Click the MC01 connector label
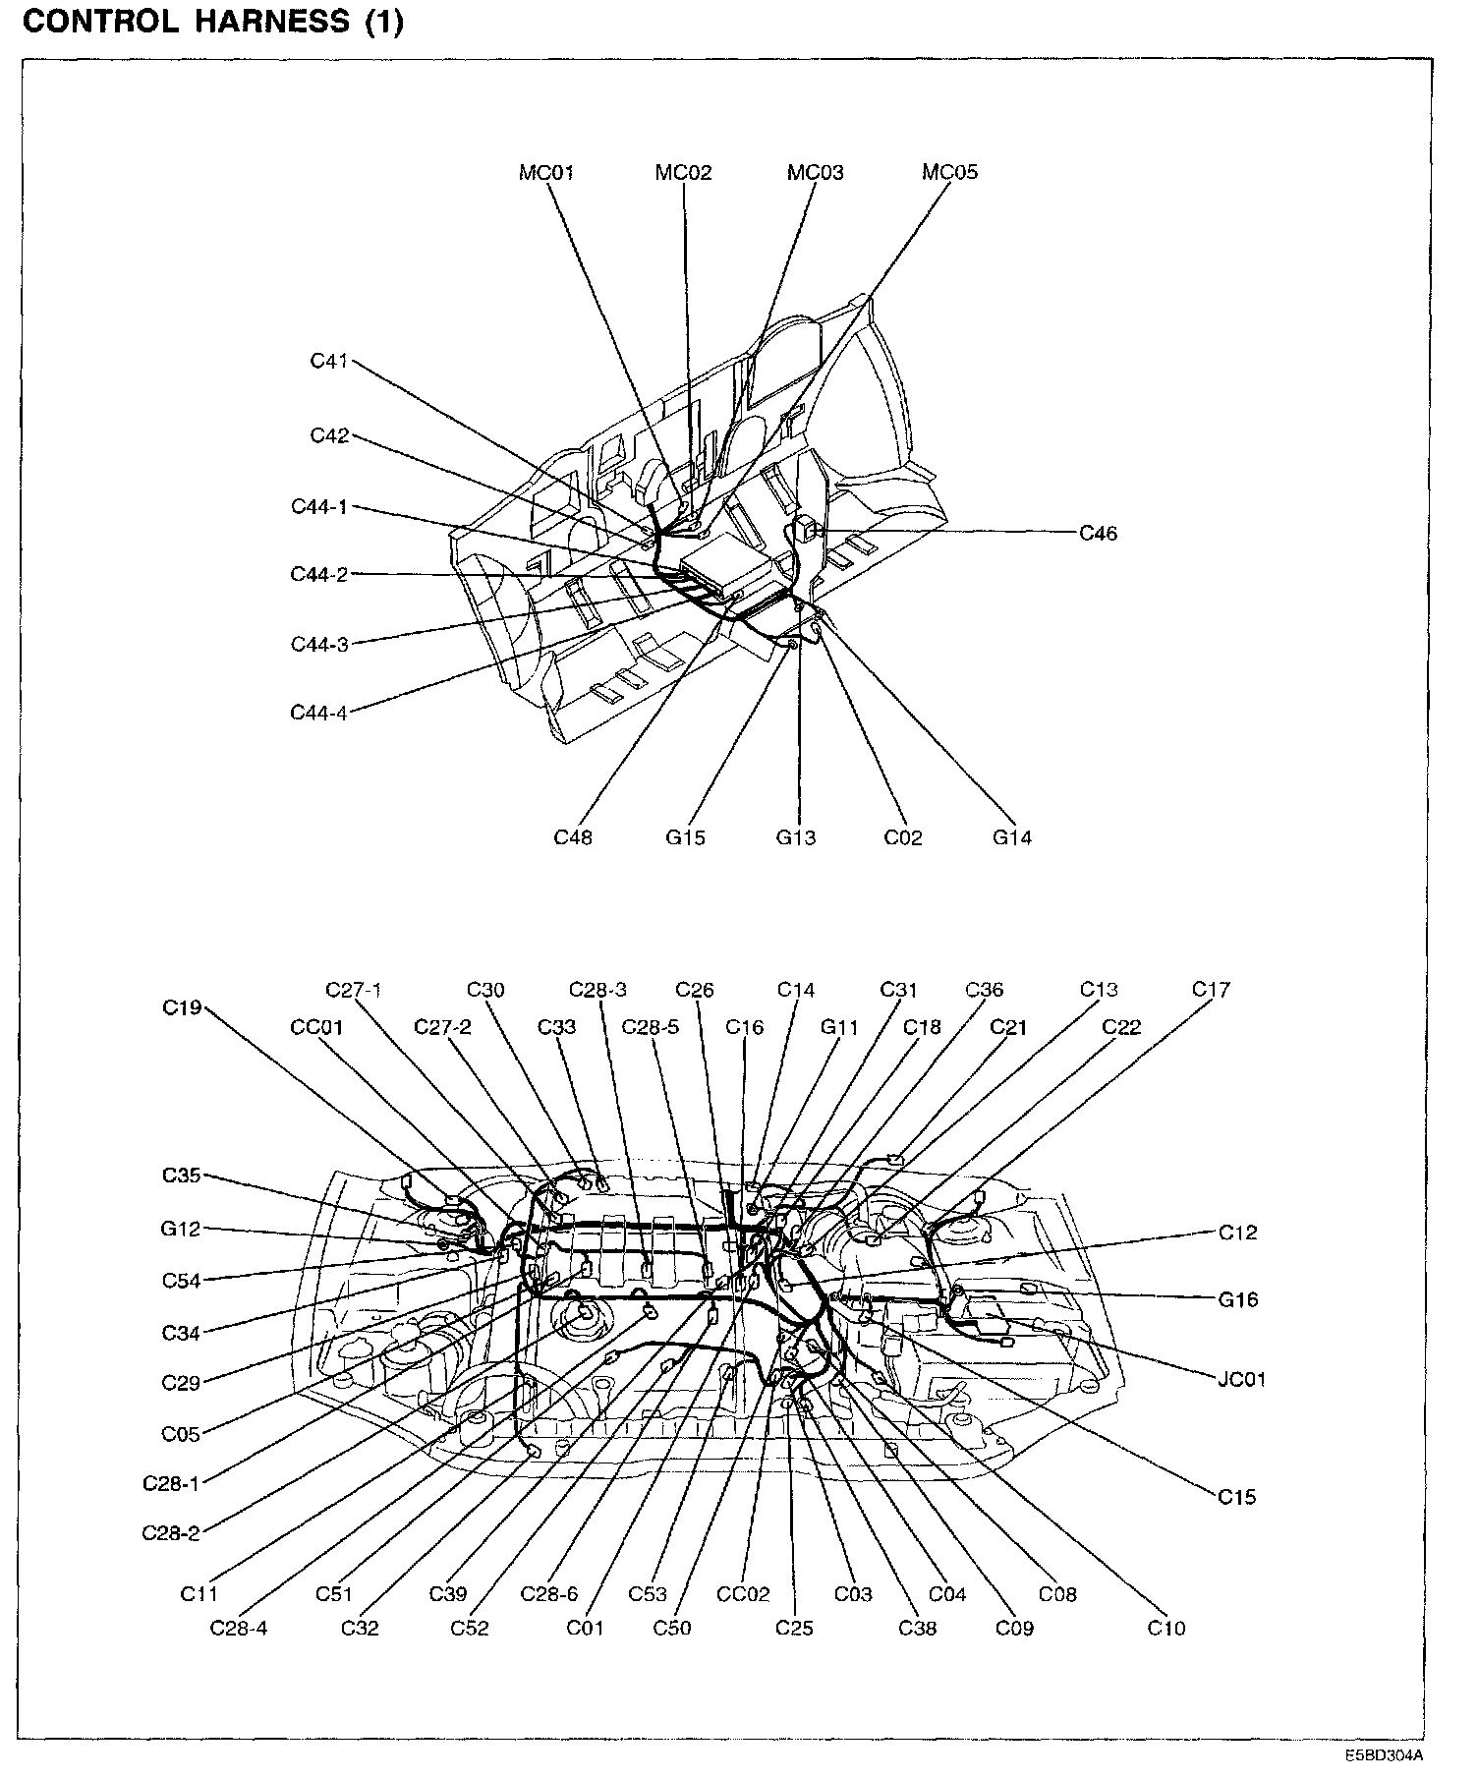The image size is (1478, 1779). click(x=546, y=173)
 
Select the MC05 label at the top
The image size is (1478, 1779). click(x=949, y=173)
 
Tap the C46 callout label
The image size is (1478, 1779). click(x=1098, y=534)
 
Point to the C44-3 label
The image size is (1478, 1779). click(x=319, y=645)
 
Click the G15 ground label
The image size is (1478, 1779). click(x=685, y=838)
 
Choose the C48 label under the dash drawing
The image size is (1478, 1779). click(x=573, y=838)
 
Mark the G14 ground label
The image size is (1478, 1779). click(x=1011, y=838)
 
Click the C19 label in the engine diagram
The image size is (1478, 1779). click(x=182, y=1007)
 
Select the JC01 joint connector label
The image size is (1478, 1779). click(x=1241, y=1379)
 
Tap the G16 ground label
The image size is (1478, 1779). click(x=1238, y=1299)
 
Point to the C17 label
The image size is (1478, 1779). click(x=1211, y=990)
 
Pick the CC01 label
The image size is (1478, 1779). click(x=316, y=1027)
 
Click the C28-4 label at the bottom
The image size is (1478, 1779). click(x=239, y=1628)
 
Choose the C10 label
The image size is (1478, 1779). click(x=1166, y=1628)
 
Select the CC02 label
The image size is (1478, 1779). click(x=743, y=1594)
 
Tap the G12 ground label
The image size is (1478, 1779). click(x=181, y=1229)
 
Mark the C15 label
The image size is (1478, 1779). click(x=1237, y=1497)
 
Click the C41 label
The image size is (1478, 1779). click(x=329, y=361)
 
